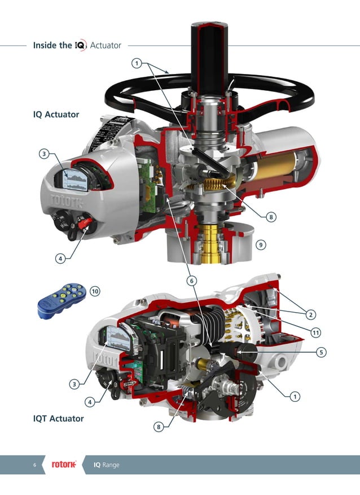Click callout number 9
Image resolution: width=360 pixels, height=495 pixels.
(260, 244)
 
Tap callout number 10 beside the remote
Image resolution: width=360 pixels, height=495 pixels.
(95, 291)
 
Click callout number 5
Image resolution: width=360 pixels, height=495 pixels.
(321, 352)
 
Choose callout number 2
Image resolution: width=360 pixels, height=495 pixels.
(311, 313)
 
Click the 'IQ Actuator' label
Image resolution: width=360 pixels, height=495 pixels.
(56, 115)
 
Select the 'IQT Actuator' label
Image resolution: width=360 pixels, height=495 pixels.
(58, 418)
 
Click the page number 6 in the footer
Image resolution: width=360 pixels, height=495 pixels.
(34, 465)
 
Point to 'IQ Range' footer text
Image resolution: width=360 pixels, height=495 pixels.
(106, 465)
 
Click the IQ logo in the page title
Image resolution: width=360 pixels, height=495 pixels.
(81, 45)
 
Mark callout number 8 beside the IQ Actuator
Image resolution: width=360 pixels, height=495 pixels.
(271, 217)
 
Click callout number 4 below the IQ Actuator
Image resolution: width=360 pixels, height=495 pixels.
(59, 259)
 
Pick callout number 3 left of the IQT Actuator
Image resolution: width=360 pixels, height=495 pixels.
(74, 384)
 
